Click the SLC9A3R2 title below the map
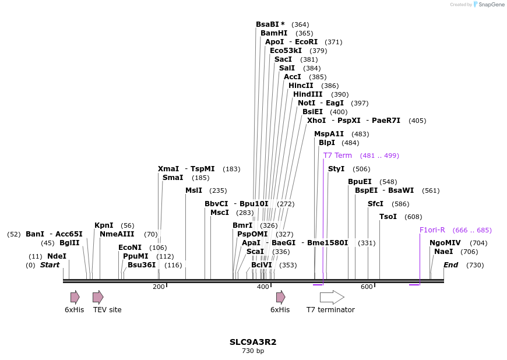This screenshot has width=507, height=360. coord(253,342)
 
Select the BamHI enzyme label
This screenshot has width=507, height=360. coord(274,33)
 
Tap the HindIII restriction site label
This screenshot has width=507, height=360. coord(308,94)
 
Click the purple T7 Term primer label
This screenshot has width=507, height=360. coord(337,156)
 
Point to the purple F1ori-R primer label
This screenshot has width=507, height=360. coord(432,230)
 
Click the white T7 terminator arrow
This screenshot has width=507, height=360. coord(332,297)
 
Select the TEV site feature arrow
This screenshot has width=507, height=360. coord(98,297)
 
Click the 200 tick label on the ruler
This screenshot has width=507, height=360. coord(159,287)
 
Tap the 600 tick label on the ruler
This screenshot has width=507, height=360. coord(367,287)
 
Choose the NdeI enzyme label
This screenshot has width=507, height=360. coord(57,256)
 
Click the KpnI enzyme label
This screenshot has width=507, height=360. coord(104,225)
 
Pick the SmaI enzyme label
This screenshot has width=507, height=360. coord(172,178)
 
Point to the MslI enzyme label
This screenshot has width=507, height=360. coord(193,190)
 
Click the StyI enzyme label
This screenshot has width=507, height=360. coord(336,169)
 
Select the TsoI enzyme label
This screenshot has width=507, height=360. coord(388,217)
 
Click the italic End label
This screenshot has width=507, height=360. coord(450,265)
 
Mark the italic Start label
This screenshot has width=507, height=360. coord(50,265)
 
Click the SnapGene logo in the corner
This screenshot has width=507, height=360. coord(487,5)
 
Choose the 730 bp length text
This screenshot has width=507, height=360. coord(253,351)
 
